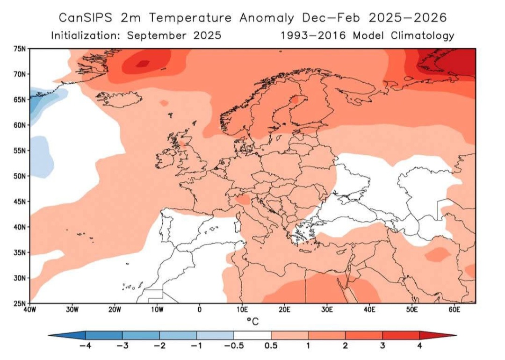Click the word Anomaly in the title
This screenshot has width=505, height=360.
[267, 18]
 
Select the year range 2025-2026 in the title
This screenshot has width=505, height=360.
[407, 18]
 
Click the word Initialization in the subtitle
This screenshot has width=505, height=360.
[86, 36]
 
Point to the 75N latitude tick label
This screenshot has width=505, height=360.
[19, 49]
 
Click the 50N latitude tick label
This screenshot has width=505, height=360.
[19, 176]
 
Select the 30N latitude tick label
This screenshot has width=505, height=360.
[19, 278]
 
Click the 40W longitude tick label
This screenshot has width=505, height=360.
[30, 310]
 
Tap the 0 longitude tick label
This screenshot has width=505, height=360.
[200, 310]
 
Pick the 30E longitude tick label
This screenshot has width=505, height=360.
[327, 310]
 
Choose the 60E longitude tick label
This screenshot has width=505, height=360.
[454, 310]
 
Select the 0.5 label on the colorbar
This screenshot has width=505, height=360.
[271, 346]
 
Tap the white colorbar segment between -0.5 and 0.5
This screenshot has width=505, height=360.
[252, 335]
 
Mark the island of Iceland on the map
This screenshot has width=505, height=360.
[115, 99]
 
